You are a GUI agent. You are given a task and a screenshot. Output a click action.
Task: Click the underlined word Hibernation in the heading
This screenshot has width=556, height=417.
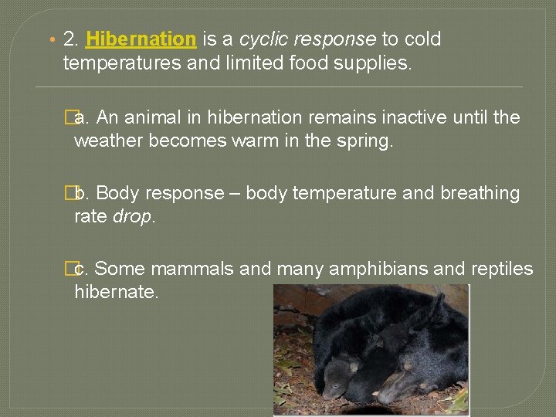point(141,39)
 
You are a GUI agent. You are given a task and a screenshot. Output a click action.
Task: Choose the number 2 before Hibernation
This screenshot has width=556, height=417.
point(72,39)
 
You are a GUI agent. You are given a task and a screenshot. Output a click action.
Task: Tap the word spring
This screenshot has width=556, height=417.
point(367,141)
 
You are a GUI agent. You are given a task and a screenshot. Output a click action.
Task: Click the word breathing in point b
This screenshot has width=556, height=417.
point(478,193)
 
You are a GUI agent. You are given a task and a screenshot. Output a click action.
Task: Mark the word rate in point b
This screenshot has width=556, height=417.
point(91,217)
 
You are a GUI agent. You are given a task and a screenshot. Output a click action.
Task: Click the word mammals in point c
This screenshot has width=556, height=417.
point(192,269)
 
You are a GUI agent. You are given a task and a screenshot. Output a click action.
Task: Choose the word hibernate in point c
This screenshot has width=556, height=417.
point(116,293)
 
